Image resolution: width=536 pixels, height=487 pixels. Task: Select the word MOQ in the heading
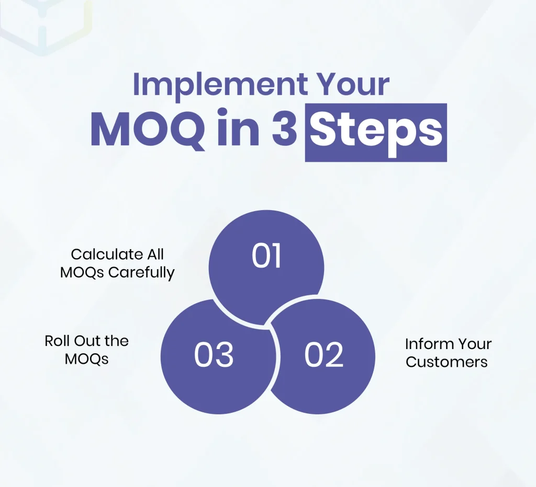click(147, 131)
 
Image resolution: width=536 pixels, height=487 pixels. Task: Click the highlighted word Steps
click(376, 132)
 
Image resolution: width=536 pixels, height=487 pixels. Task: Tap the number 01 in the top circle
click(266, 257)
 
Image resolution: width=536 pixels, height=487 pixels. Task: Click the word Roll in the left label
click(55, 341)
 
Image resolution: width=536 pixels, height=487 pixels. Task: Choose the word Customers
click(446, 362)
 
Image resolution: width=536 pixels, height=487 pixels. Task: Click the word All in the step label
click(155, 254)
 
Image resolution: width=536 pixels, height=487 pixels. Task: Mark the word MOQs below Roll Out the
click(86, 360)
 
